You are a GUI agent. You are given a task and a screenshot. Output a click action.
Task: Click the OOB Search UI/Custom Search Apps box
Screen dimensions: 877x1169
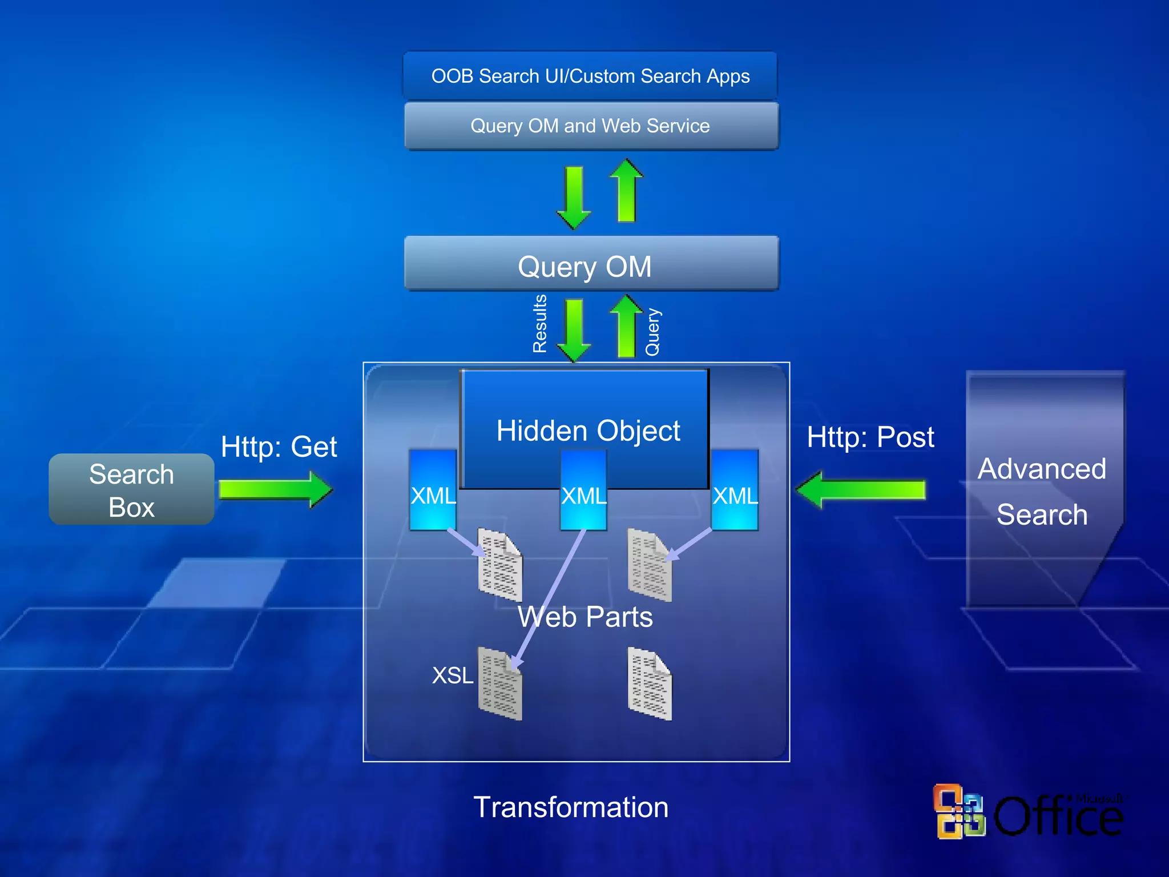tap(590, 76)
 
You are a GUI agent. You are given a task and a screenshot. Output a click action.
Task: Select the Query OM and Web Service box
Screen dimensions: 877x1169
tap(590, 126)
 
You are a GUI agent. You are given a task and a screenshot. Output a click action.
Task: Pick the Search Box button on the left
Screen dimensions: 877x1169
tap(131, 490)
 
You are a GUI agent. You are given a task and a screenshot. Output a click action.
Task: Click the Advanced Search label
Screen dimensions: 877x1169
tap(1042, 491)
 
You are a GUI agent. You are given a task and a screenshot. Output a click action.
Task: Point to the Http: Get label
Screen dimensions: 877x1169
tap(279, 446)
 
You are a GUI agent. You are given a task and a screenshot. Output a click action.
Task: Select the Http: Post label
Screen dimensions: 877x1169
tap(870, 437)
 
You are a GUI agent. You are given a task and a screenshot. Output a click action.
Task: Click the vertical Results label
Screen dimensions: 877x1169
tap(539, 323)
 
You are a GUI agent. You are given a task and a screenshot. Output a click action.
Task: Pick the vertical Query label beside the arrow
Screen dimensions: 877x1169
tap(652, 332)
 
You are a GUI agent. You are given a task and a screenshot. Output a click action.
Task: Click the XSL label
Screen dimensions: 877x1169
tap(452, 675)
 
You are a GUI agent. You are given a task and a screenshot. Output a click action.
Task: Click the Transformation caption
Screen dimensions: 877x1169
tap(571, 807)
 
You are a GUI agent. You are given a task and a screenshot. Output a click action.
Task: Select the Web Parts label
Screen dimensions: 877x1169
tap(585, 617)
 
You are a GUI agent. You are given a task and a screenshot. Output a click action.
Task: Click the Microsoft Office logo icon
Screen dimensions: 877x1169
tap(959, 811)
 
